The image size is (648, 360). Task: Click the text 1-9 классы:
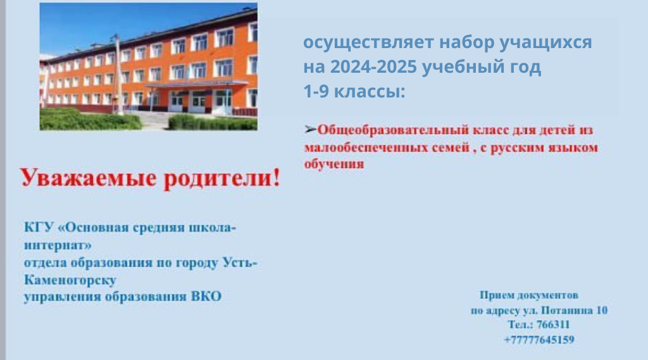354,91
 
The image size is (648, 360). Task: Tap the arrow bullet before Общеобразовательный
310,130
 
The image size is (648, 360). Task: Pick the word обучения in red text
334,164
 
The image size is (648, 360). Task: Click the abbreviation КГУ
39,227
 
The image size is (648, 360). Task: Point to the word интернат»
58,245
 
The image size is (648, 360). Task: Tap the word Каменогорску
70,280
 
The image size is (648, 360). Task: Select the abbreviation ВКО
206,297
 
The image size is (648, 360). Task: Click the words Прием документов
528,295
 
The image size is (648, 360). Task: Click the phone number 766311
553,325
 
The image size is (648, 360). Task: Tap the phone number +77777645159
539,340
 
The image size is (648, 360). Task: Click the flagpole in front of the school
118,75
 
